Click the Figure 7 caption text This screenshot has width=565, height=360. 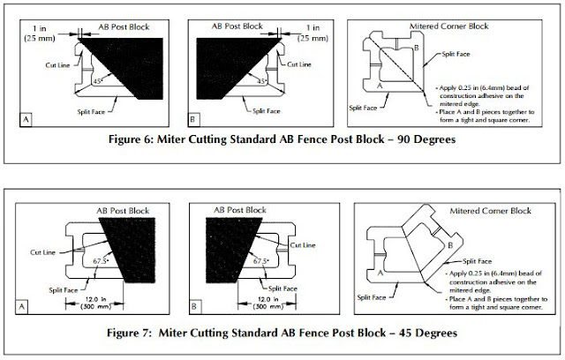coord(282,334)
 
